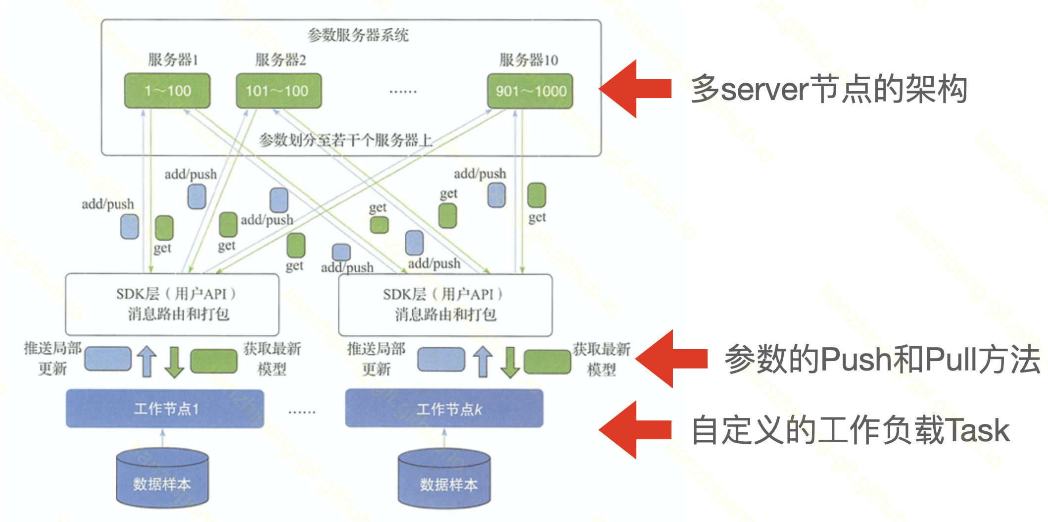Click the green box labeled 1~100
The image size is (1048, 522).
(167, 91)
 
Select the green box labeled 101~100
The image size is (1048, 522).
(279, 91)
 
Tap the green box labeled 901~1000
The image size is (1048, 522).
(530, 91)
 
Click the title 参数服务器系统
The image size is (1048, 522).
(358, 35)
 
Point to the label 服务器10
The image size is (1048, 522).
(528, 60)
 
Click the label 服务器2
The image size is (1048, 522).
(280, 60)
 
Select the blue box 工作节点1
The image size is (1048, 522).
(165, 409)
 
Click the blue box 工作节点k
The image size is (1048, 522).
(444, 409)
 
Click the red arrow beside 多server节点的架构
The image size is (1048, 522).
(635, 89)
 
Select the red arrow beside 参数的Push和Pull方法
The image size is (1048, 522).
(671, 359)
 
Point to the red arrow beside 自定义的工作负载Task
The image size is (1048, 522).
(635, 429)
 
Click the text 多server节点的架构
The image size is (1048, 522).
(829, 89)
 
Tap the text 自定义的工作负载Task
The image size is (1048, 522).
(850, 429)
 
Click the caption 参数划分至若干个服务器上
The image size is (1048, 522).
(345, 140)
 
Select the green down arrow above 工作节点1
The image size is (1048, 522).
(174, 362)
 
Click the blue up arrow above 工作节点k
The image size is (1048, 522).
(482, 362)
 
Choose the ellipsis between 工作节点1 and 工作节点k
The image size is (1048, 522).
(302, 411)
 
